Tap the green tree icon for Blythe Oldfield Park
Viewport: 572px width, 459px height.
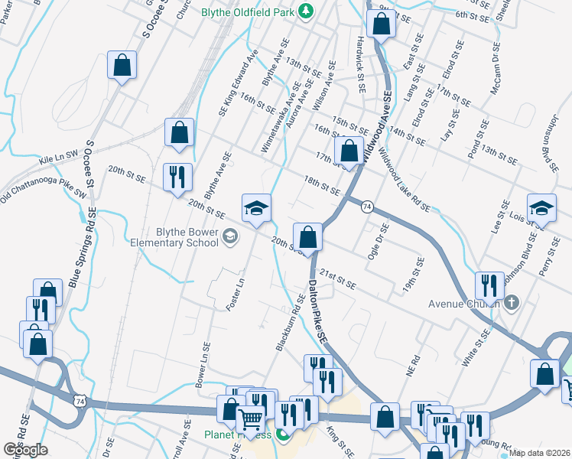[307, 11]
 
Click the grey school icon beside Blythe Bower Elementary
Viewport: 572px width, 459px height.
[229, 237]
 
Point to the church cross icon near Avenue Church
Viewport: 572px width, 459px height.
[513, 304]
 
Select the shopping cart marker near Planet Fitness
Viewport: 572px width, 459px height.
[251, 419]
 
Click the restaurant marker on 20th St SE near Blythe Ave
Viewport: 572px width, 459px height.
[177, 177]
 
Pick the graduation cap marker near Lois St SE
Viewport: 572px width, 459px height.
[541, 209]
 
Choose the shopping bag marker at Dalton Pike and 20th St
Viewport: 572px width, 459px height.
[307, 236]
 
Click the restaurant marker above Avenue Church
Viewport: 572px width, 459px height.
[489, 285]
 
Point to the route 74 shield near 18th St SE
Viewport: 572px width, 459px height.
[367, 207]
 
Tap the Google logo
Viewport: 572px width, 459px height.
[25, 449]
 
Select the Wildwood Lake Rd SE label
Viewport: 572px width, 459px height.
[405, 181]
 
